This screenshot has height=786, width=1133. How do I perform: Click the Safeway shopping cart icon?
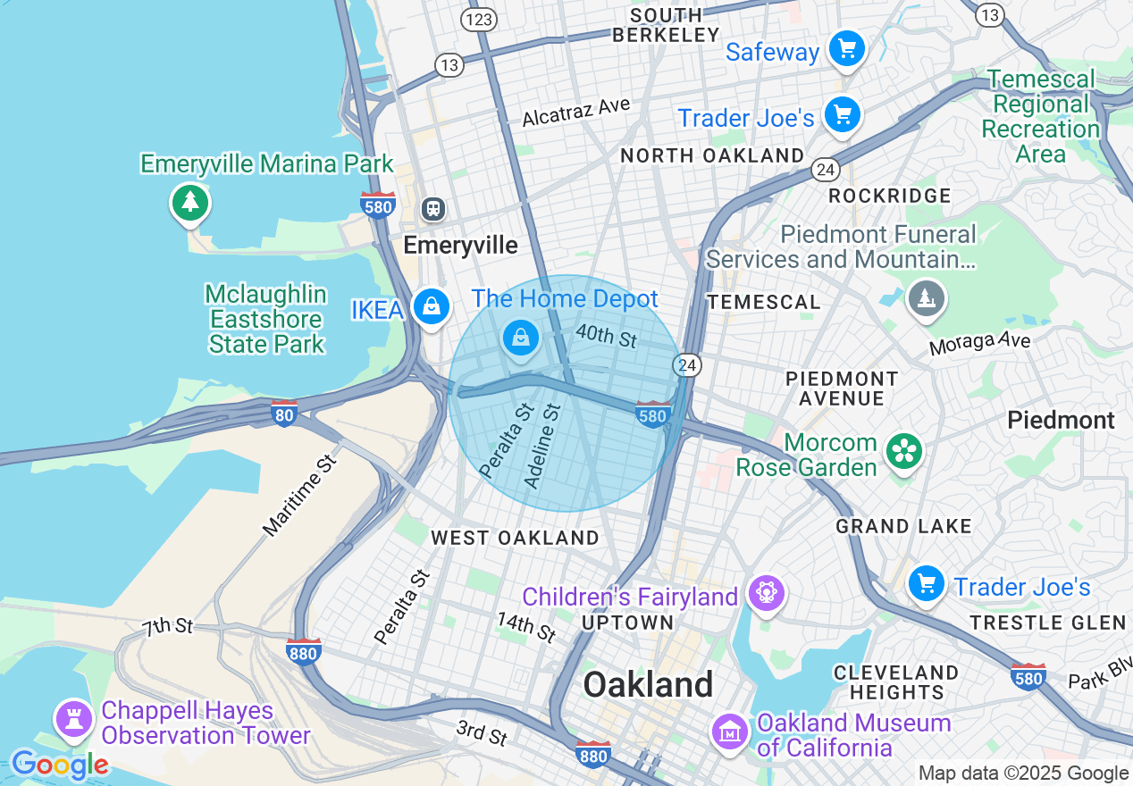[845, 48]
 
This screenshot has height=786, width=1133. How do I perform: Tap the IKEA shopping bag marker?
[432, 307]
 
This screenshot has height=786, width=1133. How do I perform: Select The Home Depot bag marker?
[520, 338]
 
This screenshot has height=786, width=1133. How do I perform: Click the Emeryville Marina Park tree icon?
[189, 202]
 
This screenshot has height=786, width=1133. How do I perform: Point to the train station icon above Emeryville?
[433, 209]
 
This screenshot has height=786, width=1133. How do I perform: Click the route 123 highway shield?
[479, 19]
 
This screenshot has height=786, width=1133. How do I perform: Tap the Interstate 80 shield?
[284, 414]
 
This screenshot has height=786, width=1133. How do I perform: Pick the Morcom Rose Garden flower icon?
[903, 451]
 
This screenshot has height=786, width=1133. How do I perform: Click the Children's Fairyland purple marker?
[766, 592]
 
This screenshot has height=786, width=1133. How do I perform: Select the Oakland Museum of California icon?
[730, 732]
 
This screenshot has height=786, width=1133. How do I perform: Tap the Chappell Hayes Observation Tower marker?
[73, 718]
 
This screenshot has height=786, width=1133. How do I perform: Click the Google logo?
[59, 765]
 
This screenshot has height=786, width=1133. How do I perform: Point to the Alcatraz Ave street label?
[576, 112]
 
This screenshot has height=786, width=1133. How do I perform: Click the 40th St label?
[606, 337]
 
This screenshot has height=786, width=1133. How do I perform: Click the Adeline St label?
[542, 446]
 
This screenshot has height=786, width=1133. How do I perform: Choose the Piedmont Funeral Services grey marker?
[927, 298]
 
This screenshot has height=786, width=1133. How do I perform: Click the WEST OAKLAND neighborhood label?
[515, 538]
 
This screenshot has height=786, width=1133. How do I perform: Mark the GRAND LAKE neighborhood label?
[903, 526]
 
